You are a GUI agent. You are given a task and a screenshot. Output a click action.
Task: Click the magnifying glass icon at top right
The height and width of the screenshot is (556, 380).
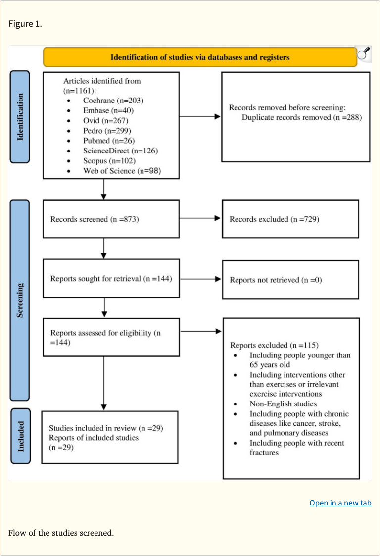click(x=364, y=54)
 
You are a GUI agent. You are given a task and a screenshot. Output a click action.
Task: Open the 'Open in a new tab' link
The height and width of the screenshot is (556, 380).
click(x=340, y=503)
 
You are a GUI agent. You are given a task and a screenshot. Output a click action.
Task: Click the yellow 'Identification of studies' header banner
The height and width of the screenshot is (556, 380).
click(x=200, y=57)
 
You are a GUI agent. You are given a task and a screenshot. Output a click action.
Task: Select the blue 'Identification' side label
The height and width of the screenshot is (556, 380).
click(x=20, y=117)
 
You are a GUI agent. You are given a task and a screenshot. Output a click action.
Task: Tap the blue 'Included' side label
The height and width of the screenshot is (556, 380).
click(x=20, y=436)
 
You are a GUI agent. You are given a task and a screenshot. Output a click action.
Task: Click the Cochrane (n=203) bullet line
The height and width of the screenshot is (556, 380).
click(x=113, y=100)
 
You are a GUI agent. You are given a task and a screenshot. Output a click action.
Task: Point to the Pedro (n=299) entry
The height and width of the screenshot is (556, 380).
click(x=106, y=130)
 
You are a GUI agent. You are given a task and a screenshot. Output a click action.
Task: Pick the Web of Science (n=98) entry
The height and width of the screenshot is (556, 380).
click(x=122, y=171)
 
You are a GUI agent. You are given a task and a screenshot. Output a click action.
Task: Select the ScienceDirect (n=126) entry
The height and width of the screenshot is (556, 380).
click(x=120, y=151)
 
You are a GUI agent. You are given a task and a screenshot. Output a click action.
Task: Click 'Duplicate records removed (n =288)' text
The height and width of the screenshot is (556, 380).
click(x=302, y=117)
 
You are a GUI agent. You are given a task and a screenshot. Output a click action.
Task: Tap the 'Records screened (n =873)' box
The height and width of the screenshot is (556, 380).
click(x=111, y=219)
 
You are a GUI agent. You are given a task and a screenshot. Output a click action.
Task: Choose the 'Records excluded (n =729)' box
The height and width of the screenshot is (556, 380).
click(x=290, y=219)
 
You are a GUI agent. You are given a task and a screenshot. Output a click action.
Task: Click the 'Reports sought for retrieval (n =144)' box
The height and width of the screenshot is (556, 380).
click(x=111, y=279)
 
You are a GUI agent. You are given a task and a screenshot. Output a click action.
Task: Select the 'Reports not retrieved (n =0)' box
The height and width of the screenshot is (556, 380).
click(x=290, y=280)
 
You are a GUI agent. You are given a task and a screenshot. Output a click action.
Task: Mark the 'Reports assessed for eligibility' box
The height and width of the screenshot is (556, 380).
click(x=111, y=337)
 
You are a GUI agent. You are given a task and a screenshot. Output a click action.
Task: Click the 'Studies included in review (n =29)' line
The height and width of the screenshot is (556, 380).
click(x=106, y=428)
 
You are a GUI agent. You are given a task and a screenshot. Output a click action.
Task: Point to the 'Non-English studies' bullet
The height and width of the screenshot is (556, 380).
click(x=283, y=404)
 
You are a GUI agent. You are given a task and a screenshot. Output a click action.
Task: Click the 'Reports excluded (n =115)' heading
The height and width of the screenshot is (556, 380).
click(x=274, y=345)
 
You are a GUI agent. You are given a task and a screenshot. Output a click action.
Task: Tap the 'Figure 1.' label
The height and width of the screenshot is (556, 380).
click(x=25, y=24)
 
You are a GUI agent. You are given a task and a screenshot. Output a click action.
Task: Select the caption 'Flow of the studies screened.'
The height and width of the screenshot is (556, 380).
click(x=61, y=533)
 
